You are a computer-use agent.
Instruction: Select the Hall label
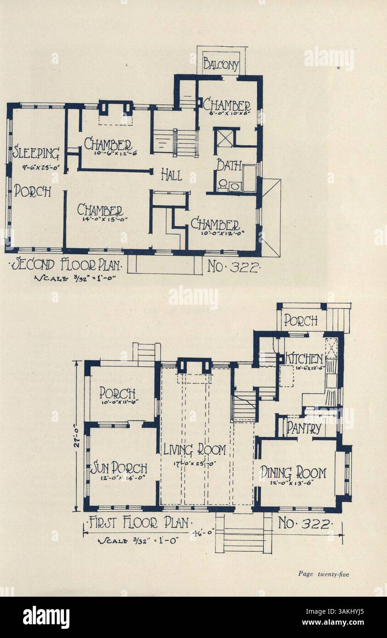point(171,174)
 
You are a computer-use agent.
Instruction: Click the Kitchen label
point(304,358)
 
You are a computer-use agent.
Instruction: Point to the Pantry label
point(303,428)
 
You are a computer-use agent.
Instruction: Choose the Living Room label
point(195,449)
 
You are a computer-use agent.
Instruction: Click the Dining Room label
point(294,472)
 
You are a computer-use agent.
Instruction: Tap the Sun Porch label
point(119,468)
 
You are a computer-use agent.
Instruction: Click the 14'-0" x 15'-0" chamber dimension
point(102,219)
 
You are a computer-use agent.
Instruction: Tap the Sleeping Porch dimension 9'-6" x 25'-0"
point(38,168)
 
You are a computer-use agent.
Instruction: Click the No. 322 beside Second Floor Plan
point(233,266)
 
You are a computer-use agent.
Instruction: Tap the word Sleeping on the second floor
point(36,152)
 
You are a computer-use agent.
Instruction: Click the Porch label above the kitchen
point(300,320)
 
